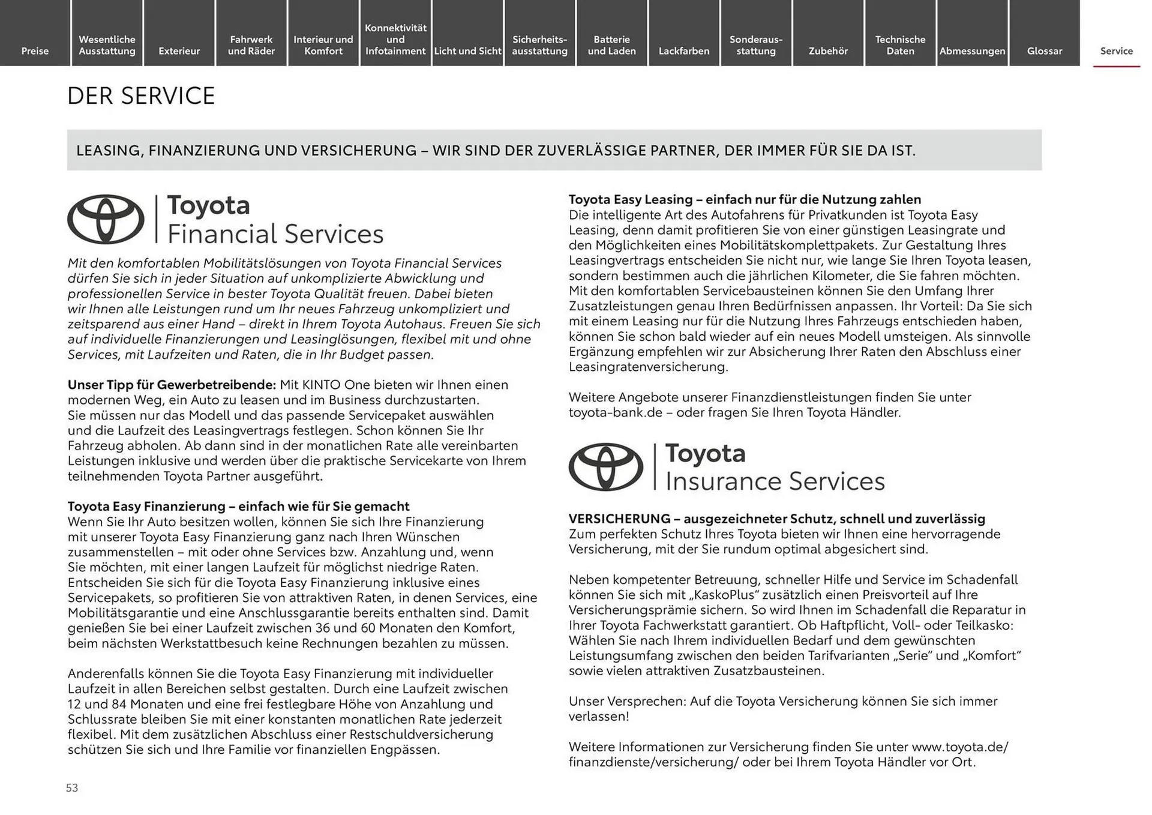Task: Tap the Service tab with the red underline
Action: click(1116, 50)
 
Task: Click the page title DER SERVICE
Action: click(141, 96)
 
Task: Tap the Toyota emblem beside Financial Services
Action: click(106, 219)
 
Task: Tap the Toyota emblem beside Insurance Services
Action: click(605, 467)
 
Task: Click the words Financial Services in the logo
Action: click(275, 234)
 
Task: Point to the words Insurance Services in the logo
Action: click(775, 481)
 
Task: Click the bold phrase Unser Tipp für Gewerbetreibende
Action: click(172, 385)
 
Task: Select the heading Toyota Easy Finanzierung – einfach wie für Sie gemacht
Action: click(238, 506)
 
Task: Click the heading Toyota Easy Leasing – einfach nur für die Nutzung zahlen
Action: click(744, 199)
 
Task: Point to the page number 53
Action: click(72, 787)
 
